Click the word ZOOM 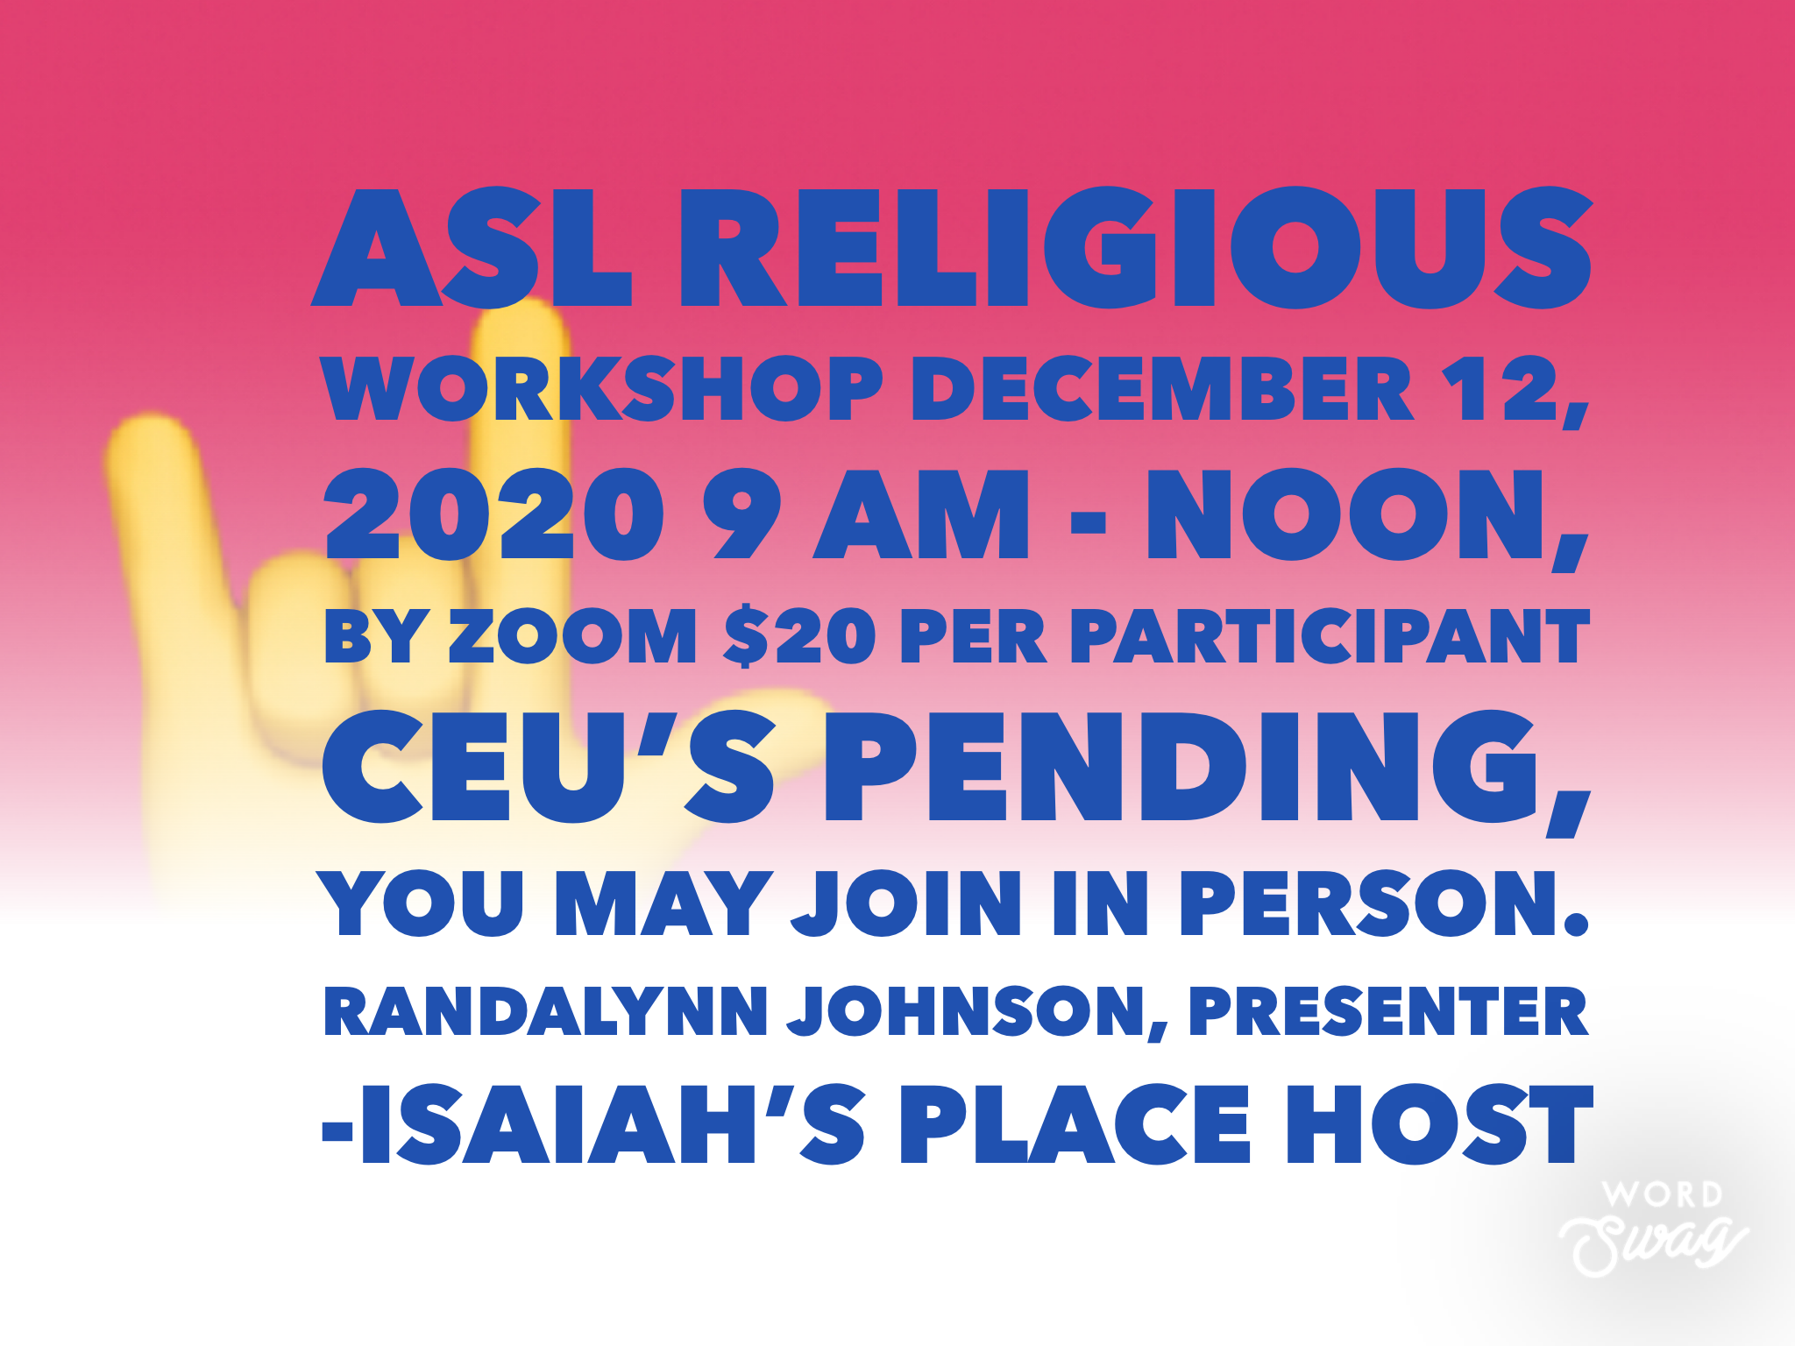(x=573, y=636)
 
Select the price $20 (x=798, y=636)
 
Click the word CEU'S (x=549, y=768)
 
